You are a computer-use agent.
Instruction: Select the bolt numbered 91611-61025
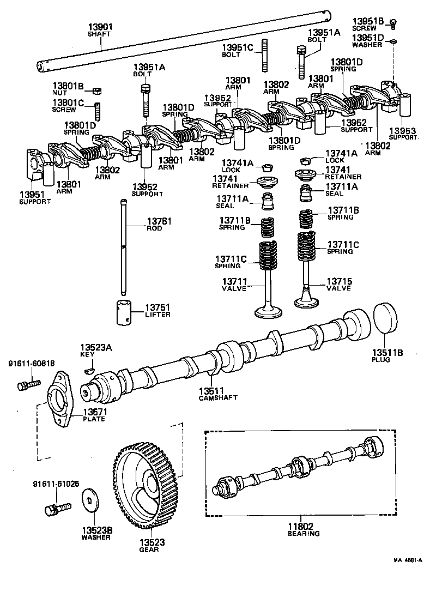click(x=56, y=509)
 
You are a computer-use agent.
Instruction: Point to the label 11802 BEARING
click(x=304, y=530)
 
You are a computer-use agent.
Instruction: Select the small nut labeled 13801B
click(x=96, y=90)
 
